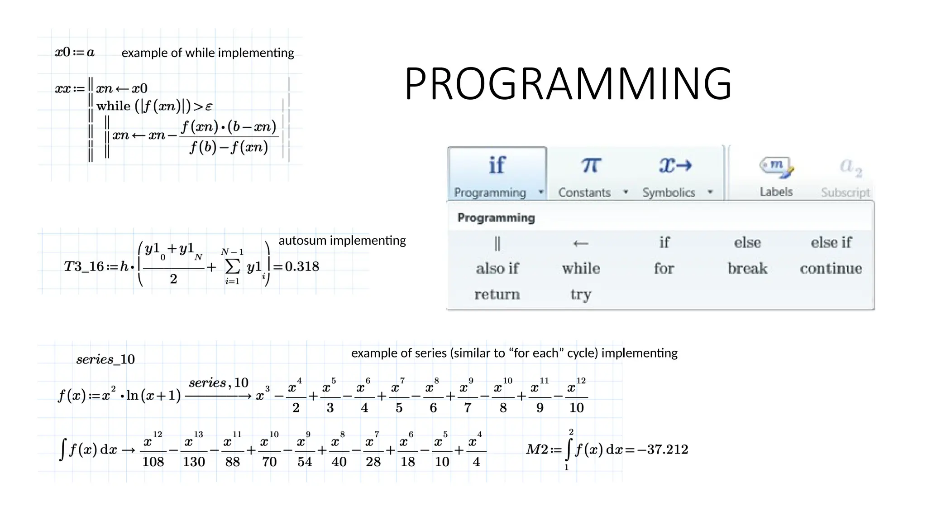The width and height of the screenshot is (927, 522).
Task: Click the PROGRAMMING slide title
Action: pyautogui.click(x=568, y=84)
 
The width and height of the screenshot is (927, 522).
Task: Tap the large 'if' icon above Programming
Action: pyautogui.click(x=497, y=165)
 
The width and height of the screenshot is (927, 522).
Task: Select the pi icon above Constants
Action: pyautogui.click(x=591, y=165)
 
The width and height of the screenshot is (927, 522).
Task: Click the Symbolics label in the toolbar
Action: pyautogui.click(x=669, y=193)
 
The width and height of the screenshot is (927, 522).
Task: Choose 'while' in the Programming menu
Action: pyautogui.click(x=581, y=268)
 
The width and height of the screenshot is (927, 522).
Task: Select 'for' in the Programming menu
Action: pyautogui.click(x=664, y=268)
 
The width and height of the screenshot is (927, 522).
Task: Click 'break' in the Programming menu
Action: pyautogui.click(x=747, y=268)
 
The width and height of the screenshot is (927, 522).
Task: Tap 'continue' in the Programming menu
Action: pyautogui.click(x=831, y=268)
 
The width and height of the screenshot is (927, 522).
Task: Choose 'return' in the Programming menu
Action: pyautogui.click(x=497, y=295)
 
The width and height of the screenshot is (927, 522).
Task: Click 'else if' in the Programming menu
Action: pyautogui.click(x=831, y=242)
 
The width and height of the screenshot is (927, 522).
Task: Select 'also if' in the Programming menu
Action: pyautogui.click(x=497, y=268)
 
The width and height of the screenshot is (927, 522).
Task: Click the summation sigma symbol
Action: pyautogui.click(x=232, y=266)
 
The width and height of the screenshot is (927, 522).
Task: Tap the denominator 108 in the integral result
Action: pyautogui.click(x=153, y=462)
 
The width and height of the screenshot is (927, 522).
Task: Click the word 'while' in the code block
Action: pyautogui.click(x=113, y=106)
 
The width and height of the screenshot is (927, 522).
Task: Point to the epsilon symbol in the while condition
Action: pyautogui.click(x=209, y=107)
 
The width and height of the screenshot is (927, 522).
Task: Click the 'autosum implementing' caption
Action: pyautogui.click(x=342, y=240)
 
